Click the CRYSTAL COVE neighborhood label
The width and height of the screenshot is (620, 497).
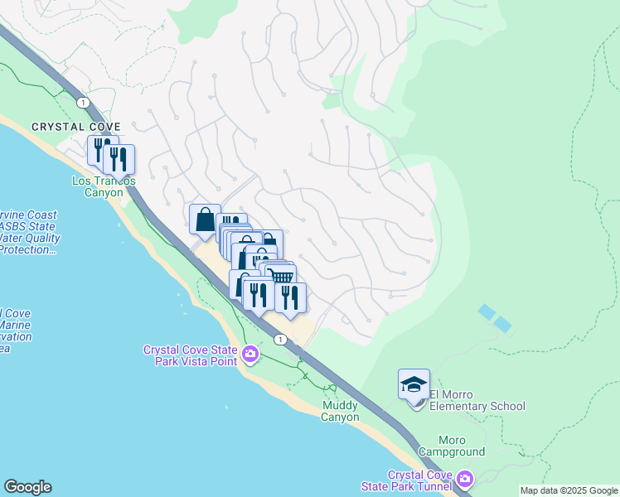click(x=70, y=126)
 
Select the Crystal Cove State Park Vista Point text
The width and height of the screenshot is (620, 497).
click(x=191, y=355)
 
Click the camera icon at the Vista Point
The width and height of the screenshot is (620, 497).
click(x=250, y=355)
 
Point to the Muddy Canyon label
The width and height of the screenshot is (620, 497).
click(x=341, y=411)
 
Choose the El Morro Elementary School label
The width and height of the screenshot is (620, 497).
click(x=477, y=406)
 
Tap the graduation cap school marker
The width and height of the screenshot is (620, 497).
click(x=414, y=384)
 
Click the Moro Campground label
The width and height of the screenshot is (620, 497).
click(x=451, y=451)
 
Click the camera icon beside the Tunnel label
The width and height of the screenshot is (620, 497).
click(x=465, y=479)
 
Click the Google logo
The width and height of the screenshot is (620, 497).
click(x=27, y=487)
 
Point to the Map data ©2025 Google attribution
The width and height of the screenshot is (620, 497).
click(x=569, y=490)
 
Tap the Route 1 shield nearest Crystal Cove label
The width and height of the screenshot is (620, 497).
click(x=82, y=101)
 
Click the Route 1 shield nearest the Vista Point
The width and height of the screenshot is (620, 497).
click(x=281, y=339)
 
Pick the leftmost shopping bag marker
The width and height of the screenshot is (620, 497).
click(x=205, y=220)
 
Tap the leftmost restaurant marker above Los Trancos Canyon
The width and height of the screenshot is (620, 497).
click(x=99, y=150)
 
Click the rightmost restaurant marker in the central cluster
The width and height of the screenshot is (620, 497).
click(x=290, y=297)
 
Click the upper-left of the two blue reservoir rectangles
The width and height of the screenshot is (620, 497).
click(x=487, y=311)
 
